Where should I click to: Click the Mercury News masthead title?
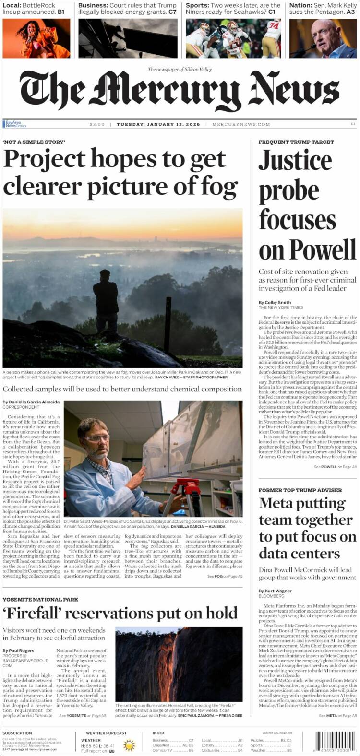tap(180, 93)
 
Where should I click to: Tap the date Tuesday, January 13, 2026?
tap(158, 124)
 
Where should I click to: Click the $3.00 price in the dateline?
tap(97, 124)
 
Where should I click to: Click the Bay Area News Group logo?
tap(14, 124)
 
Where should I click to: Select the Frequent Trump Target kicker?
tap(296, 142)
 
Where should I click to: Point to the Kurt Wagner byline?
tap(278, 591)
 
